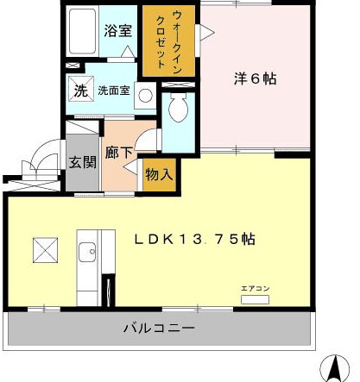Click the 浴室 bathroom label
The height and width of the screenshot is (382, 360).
[x=118, y=30]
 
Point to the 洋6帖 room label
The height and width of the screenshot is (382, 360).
[x=255, y=78]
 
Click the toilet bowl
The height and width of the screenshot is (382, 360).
[x=180, y=109]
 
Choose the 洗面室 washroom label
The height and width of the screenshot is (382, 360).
[x=113, y=89]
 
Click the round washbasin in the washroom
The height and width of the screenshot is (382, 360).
[x=144, y=95]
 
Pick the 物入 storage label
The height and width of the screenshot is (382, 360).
[x=159, y=173]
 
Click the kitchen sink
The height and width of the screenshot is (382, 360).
[x=87, y=253]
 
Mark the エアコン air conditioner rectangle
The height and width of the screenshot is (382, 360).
[x=256, y=299]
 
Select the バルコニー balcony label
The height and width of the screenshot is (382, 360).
[x=158, y=329]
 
